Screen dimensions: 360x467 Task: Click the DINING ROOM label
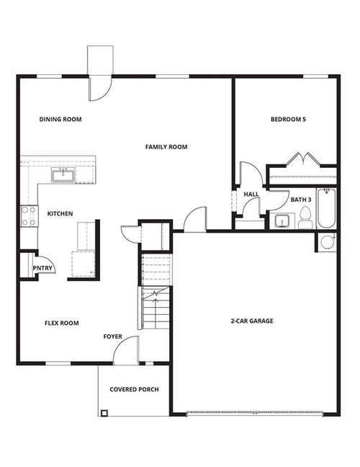60,120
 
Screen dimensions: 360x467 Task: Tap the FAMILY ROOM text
166,147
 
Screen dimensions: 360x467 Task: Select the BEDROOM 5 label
288,120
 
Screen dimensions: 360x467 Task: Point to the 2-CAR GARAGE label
252,321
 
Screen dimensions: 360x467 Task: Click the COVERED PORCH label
134,389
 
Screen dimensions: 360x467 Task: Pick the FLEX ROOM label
62,323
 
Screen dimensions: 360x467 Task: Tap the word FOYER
113,337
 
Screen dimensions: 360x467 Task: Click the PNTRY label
42,268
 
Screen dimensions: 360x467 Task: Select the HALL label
251,194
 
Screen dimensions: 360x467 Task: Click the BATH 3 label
301,200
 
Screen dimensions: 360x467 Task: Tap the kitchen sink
63,175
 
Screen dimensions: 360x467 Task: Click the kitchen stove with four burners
29,216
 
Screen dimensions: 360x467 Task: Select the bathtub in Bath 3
326,208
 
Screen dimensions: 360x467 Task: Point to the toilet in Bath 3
305,218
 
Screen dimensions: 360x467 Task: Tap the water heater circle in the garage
327,242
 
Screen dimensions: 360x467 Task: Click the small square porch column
104,413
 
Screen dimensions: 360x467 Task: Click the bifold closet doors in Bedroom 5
303,159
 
